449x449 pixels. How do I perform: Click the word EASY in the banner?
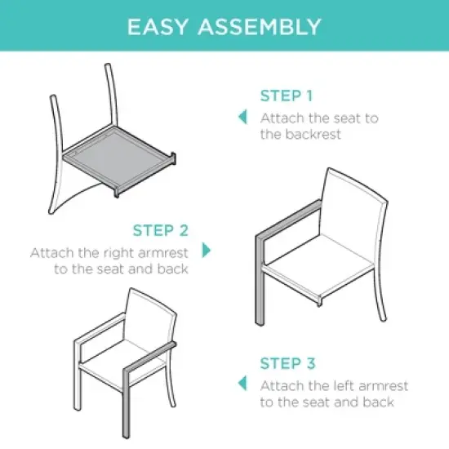158,26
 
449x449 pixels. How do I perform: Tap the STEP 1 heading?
286,96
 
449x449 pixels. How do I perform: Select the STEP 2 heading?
161,230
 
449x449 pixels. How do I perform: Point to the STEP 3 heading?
287,363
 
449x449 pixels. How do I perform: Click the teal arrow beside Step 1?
242,117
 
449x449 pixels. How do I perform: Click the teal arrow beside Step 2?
207,250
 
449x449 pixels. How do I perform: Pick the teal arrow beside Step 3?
242,383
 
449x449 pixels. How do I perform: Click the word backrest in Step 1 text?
313,135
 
